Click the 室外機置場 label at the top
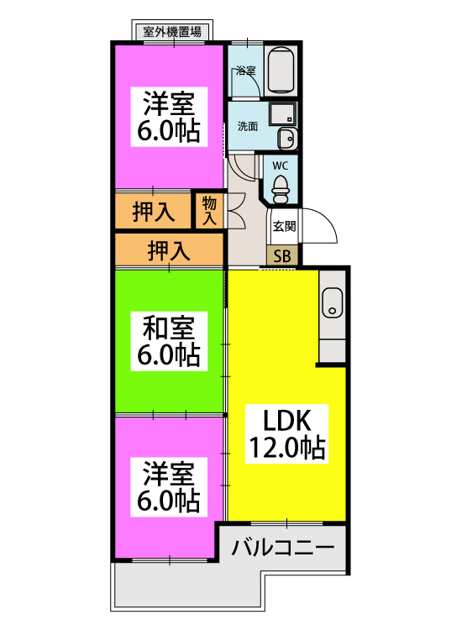tap(172, 31)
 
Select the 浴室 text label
tap(246, 71)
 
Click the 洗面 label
tap(248, 127)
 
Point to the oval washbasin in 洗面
tap(287, 139)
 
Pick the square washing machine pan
tap(282, 113)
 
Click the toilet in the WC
tap(280, 190)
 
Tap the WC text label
tap(280, 166)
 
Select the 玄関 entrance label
tap(284, 226)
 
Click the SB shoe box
tap(282, 255)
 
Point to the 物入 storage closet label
tap(209, 211)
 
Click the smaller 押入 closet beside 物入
tap(153, 212)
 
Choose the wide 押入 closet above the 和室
tap(169, 250)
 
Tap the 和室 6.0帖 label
tap(169, 341)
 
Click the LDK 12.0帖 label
tap(286, 434)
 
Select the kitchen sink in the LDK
tap(333, 302)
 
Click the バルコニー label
tap(283, 547)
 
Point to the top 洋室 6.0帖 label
tap(169, 117)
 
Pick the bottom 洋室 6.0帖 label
tap(169, 486)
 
